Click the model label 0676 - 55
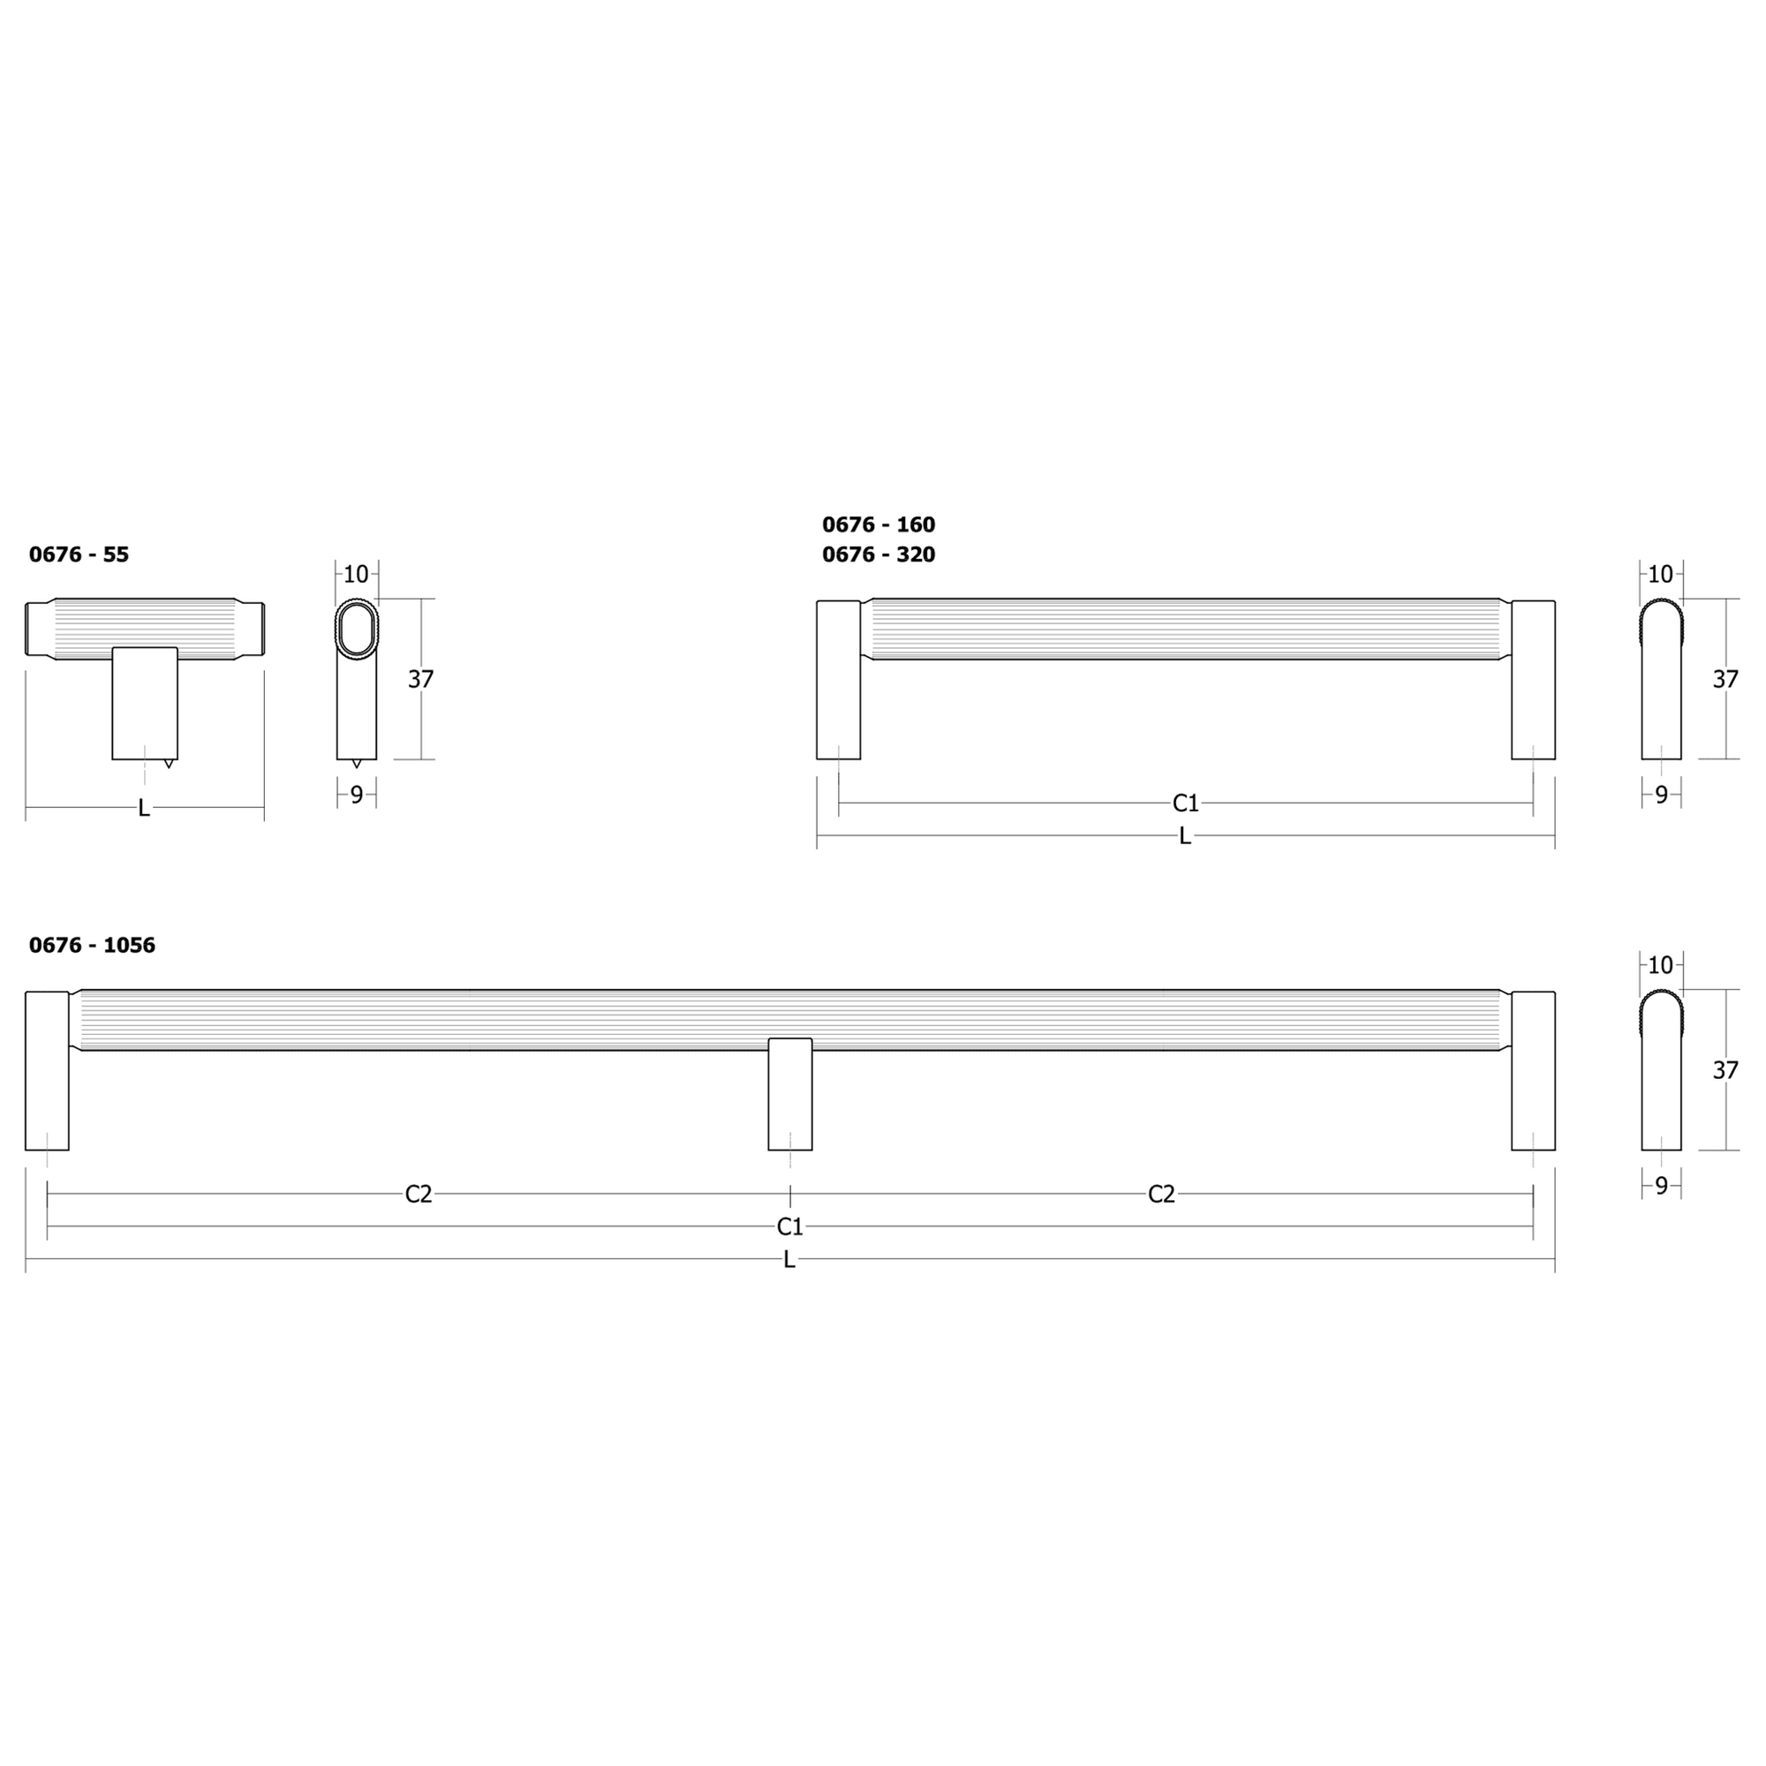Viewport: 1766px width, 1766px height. click(x=79, y=554)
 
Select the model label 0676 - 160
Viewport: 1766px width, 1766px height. click(x=879, y=525)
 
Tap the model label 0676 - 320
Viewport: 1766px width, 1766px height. click(x=879, y=554)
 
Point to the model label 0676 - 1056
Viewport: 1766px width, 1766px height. click(x=93, y=945)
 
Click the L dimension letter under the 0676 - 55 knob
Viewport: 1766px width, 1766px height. click(x=144, y=808)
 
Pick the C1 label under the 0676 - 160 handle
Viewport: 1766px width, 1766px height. click(x=1186, y=804)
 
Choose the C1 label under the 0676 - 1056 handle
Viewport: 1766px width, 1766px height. click(x=789, y=1226)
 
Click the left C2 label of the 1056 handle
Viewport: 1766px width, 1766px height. click(x=419, y=1194)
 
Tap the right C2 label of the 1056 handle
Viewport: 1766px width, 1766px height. click(x=1162, y=1194)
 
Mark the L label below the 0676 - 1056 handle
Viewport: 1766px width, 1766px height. click(x=789, y=1260)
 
